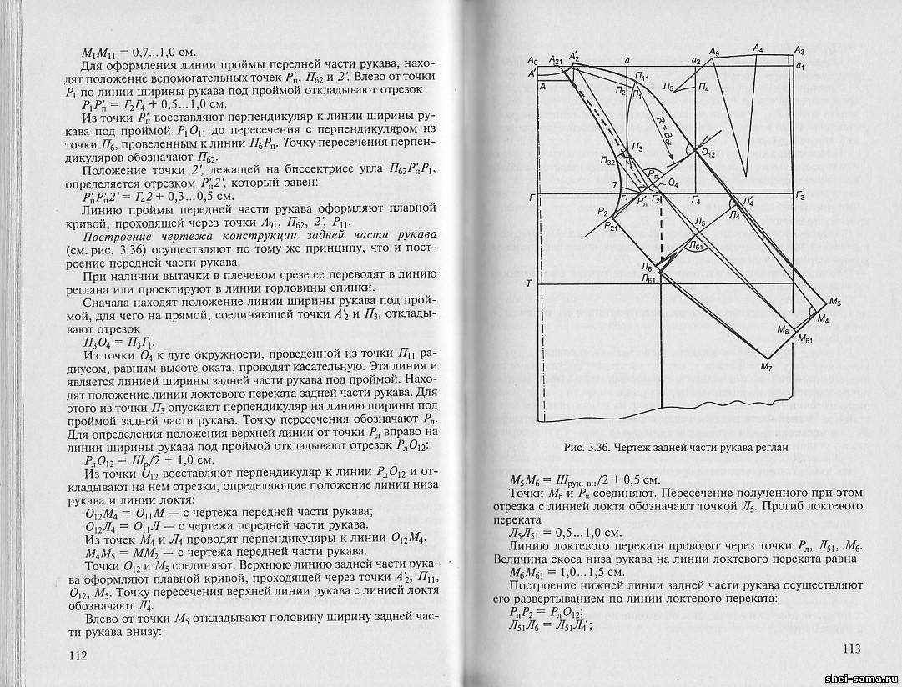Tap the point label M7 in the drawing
click(x=768, y=365)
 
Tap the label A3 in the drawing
click(x=799, y=50)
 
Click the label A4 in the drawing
click(x=758, y=50)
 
